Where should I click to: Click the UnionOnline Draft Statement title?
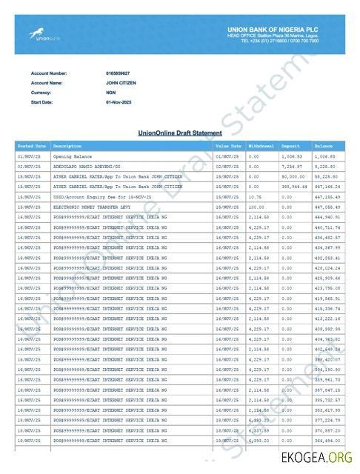[x=180, y=133]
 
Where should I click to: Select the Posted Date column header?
[x=32, y=147]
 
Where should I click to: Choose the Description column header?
[x=67, y=147]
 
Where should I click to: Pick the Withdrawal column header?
[x=262, y=147]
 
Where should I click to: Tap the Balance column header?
[x=324, y=147]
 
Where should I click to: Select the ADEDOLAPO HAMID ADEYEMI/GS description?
[x=90, y=167]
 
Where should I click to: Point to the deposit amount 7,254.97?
[x=293, y=167]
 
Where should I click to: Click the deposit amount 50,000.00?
[x=293, y=177]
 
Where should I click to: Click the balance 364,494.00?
[x=327, y=441]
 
